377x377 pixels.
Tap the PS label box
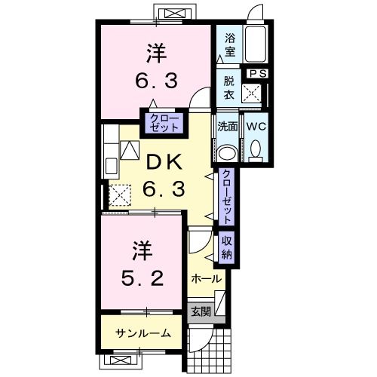[258, 73]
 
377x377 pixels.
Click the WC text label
[254, 126]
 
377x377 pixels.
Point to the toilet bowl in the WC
[255, 150]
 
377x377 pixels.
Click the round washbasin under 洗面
[227, 152]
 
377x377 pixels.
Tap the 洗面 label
[228, 126]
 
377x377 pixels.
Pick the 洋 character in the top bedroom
[156, 54]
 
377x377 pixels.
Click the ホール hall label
[206, 278]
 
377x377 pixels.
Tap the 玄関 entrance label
[200, 311]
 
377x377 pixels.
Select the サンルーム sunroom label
[143, 333]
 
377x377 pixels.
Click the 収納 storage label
[226, 247]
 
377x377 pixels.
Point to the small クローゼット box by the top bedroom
[164, 123]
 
